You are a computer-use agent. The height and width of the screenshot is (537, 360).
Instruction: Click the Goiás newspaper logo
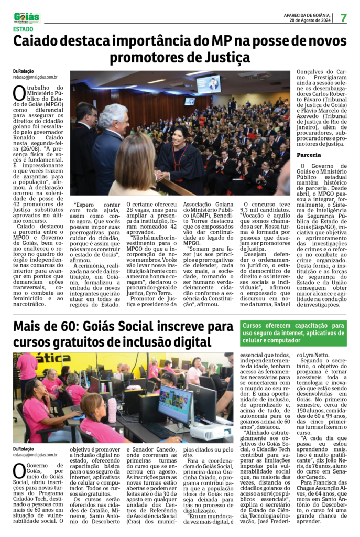(x=27, y=17)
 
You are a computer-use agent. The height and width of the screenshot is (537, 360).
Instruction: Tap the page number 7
(x=343, y=18)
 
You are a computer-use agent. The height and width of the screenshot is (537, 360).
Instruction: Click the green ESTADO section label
(x=23, y=29)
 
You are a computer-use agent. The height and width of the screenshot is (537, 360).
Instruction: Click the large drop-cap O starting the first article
(x=19, y=93)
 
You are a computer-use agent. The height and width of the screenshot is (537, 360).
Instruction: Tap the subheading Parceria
(x=309, y=155)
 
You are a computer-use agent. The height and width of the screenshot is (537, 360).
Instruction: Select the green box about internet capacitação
(x=293, y=334)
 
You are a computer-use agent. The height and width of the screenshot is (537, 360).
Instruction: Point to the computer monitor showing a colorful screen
(x=175, y=404)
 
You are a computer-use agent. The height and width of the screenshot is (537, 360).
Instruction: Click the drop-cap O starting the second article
(x=19, y=470)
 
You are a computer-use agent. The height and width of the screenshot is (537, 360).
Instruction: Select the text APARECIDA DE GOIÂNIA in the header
(x=309, y=15)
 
